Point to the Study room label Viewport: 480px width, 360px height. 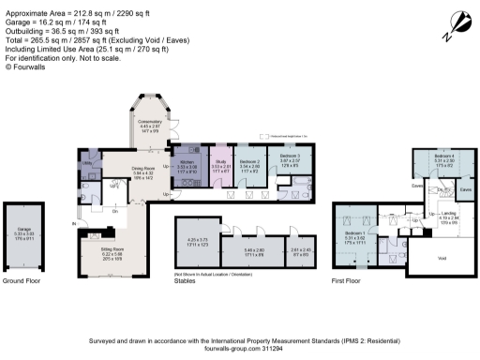click(x=219, y=160)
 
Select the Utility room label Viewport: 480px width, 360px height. click(x=86, y=162)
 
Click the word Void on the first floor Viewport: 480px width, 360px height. click(x=442, y=253)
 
